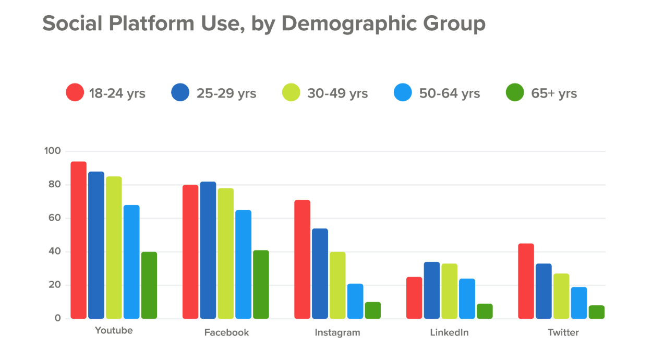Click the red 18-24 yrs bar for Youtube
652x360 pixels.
(x=78, y=240)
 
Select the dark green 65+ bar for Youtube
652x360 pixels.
(x=149, y=285)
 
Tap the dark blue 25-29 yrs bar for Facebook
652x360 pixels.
(x=208, y=250)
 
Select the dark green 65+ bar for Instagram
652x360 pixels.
(x=372, y=310)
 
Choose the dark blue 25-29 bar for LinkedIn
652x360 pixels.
(x=431, y=290)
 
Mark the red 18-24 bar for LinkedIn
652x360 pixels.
(x=414, y=298)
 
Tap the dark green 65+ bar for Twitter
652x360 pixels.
(x=596, y=312)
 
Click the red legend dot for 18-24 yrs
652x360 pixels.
(x=75, y=93)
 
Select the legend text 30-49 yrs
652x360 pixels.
(x=337, y=93)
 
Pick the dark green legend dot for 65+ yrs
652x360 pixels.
(x=515, y=93)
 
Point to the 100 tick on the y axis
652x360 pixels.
(x=53, y=151)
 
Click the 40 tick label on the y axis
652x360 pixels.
(x=55, y=251)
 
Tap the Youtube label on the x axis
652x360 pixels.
(x=114, y=331)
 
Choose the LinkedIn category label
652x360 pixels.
(x=449, y=332)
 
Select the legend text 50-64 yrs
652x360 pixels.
(x=449, y=93)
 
